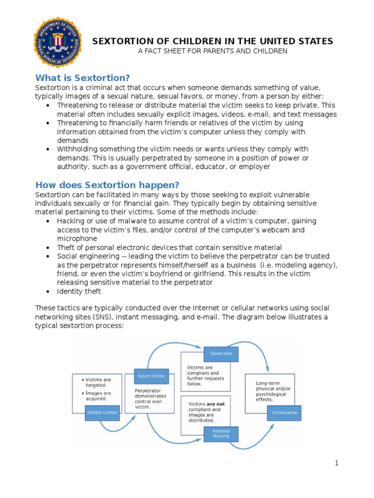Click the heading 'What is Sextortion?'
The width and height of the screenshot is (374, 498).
[x=82, y=78]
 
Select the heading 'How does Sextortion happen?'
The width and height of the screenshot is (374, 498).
[x=107, y=185]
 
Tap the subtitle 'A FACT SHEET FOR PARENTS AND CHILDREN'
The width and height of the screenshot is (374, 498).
[x=213, y=51]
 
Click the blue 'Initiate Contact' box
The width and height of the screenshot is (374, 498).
[x=102, y=412]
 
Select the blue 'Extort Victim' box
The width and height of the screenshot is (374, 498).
[x=151, y=376]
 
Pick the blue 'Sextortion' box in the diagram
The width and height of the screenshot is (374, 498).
[x=221, y=354]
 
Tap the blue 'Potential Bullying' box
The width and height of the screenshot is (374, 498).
[x=221, y=433]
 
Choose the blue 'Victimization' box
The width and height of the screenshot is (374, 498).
[x=284, y=413]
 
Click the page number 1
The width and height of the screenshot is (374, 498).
[x=336, y=463]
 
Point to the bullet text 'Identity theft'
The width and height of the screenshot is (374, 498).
[x=79, y=291]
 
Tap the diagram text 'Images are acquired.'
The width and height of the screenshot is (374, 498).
[x=97, y=396]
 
